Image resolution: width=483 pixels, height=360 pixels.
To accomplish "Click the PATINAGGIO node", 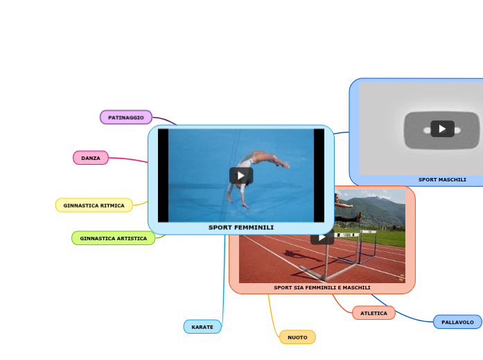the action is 126,118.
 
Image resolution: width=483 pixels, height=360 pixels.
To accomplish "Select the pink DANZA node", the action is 91,158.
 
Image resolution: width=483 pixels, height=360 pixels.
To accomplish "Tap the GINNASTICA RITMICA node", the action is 94,206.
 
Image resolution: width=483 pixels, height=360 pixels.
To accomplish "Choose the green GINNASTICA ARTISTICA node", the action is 113,238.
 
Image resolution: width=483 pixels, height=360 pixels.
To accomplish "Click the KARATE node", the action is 202,327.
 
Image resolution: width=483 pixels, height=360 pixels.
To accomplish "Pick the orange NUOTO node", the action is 297,337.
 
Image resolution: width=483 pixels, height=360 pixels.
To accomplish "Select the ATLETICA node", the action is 374,313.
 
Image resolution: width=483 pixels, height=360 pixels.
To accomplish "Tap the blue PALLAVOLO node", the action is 457,322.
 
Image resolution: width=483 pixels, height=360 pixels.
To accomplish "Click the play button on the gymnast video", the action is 241,175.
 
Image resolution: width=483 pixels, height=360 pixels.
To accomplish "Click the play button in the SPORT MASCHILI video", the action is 442,129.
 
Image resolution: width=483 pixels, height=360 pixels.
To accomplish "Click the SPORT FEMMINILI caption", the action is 241,228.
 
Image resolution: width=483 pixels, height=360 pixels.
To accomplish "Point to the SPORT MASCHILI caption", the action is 442,179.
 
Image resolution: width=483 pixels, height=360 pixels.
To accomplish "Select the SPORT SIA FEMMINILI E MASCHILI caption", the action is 322,287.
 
